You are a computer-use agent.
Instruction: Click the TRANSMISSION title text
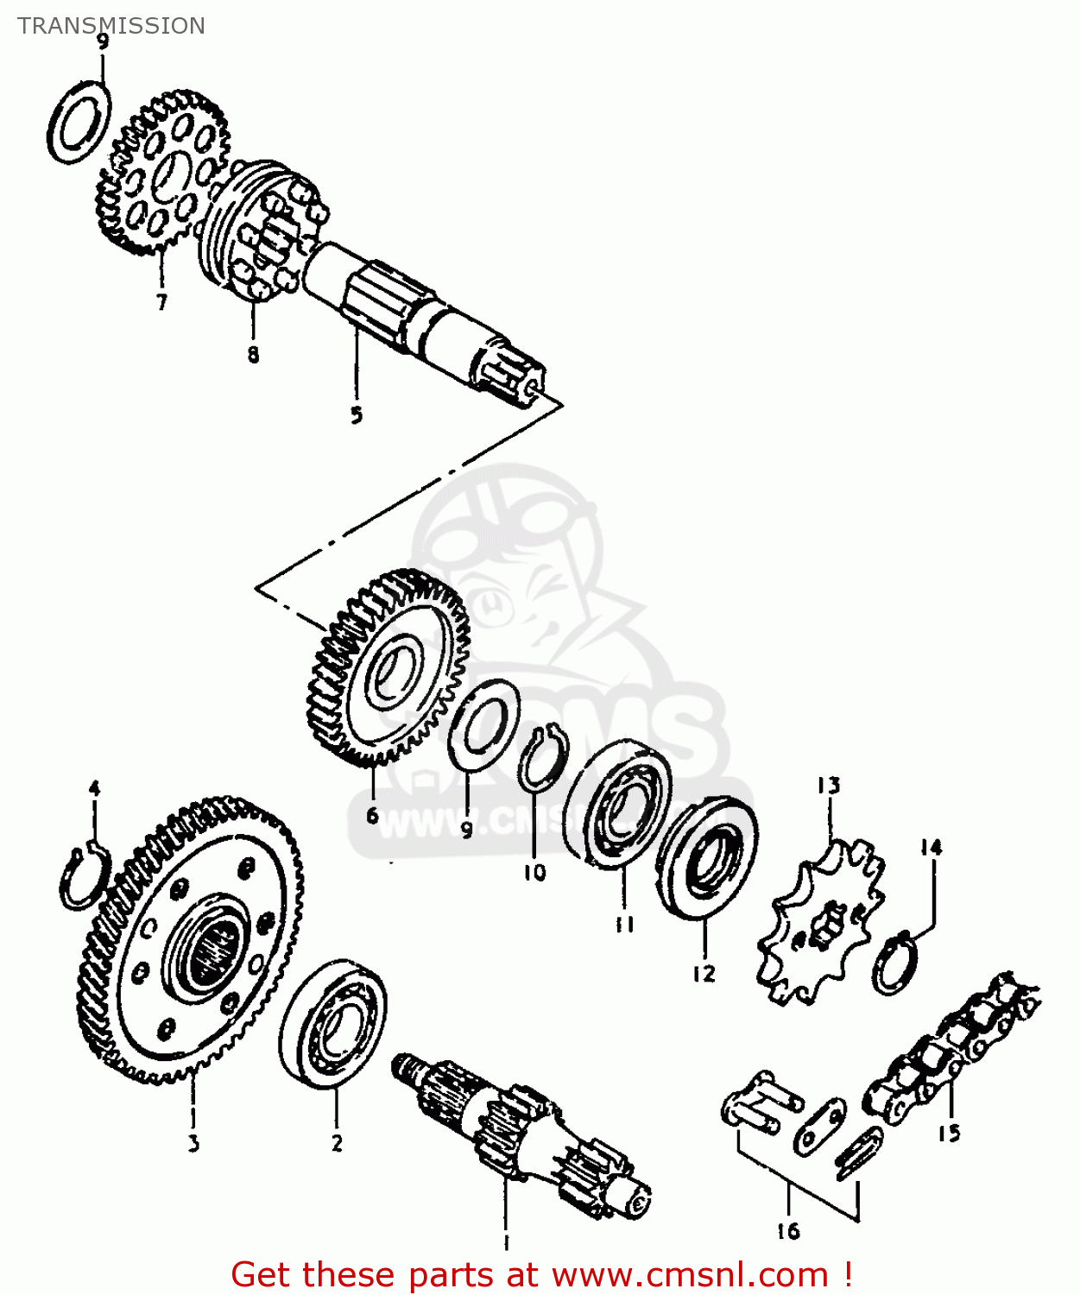point(111,26)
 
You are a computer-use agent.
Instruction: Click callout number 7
point(161,302)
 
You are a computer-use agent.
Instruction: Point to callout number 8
point(253,354)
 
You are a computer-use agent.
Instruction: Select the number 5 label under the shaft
point(357,414)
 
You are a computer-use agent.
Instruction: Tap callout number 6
point(372,815)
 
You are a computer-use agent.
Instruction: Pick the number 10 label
point(534,873)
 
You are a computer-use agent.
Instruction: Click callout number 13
point(828,786)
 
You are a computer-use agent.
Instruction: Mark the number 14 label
point(931,848)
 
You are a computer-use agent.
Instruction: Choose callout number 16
point(788,1231)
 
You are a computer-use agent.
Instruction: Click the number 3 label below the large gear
point(193,1143)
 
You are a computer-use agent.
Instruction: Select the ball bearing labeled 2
point(332,1023)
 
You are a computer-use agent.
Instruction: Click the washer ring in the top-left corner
point(79,122)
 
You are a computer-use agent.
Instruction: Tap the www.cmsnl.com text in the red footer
point(690,1274)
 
